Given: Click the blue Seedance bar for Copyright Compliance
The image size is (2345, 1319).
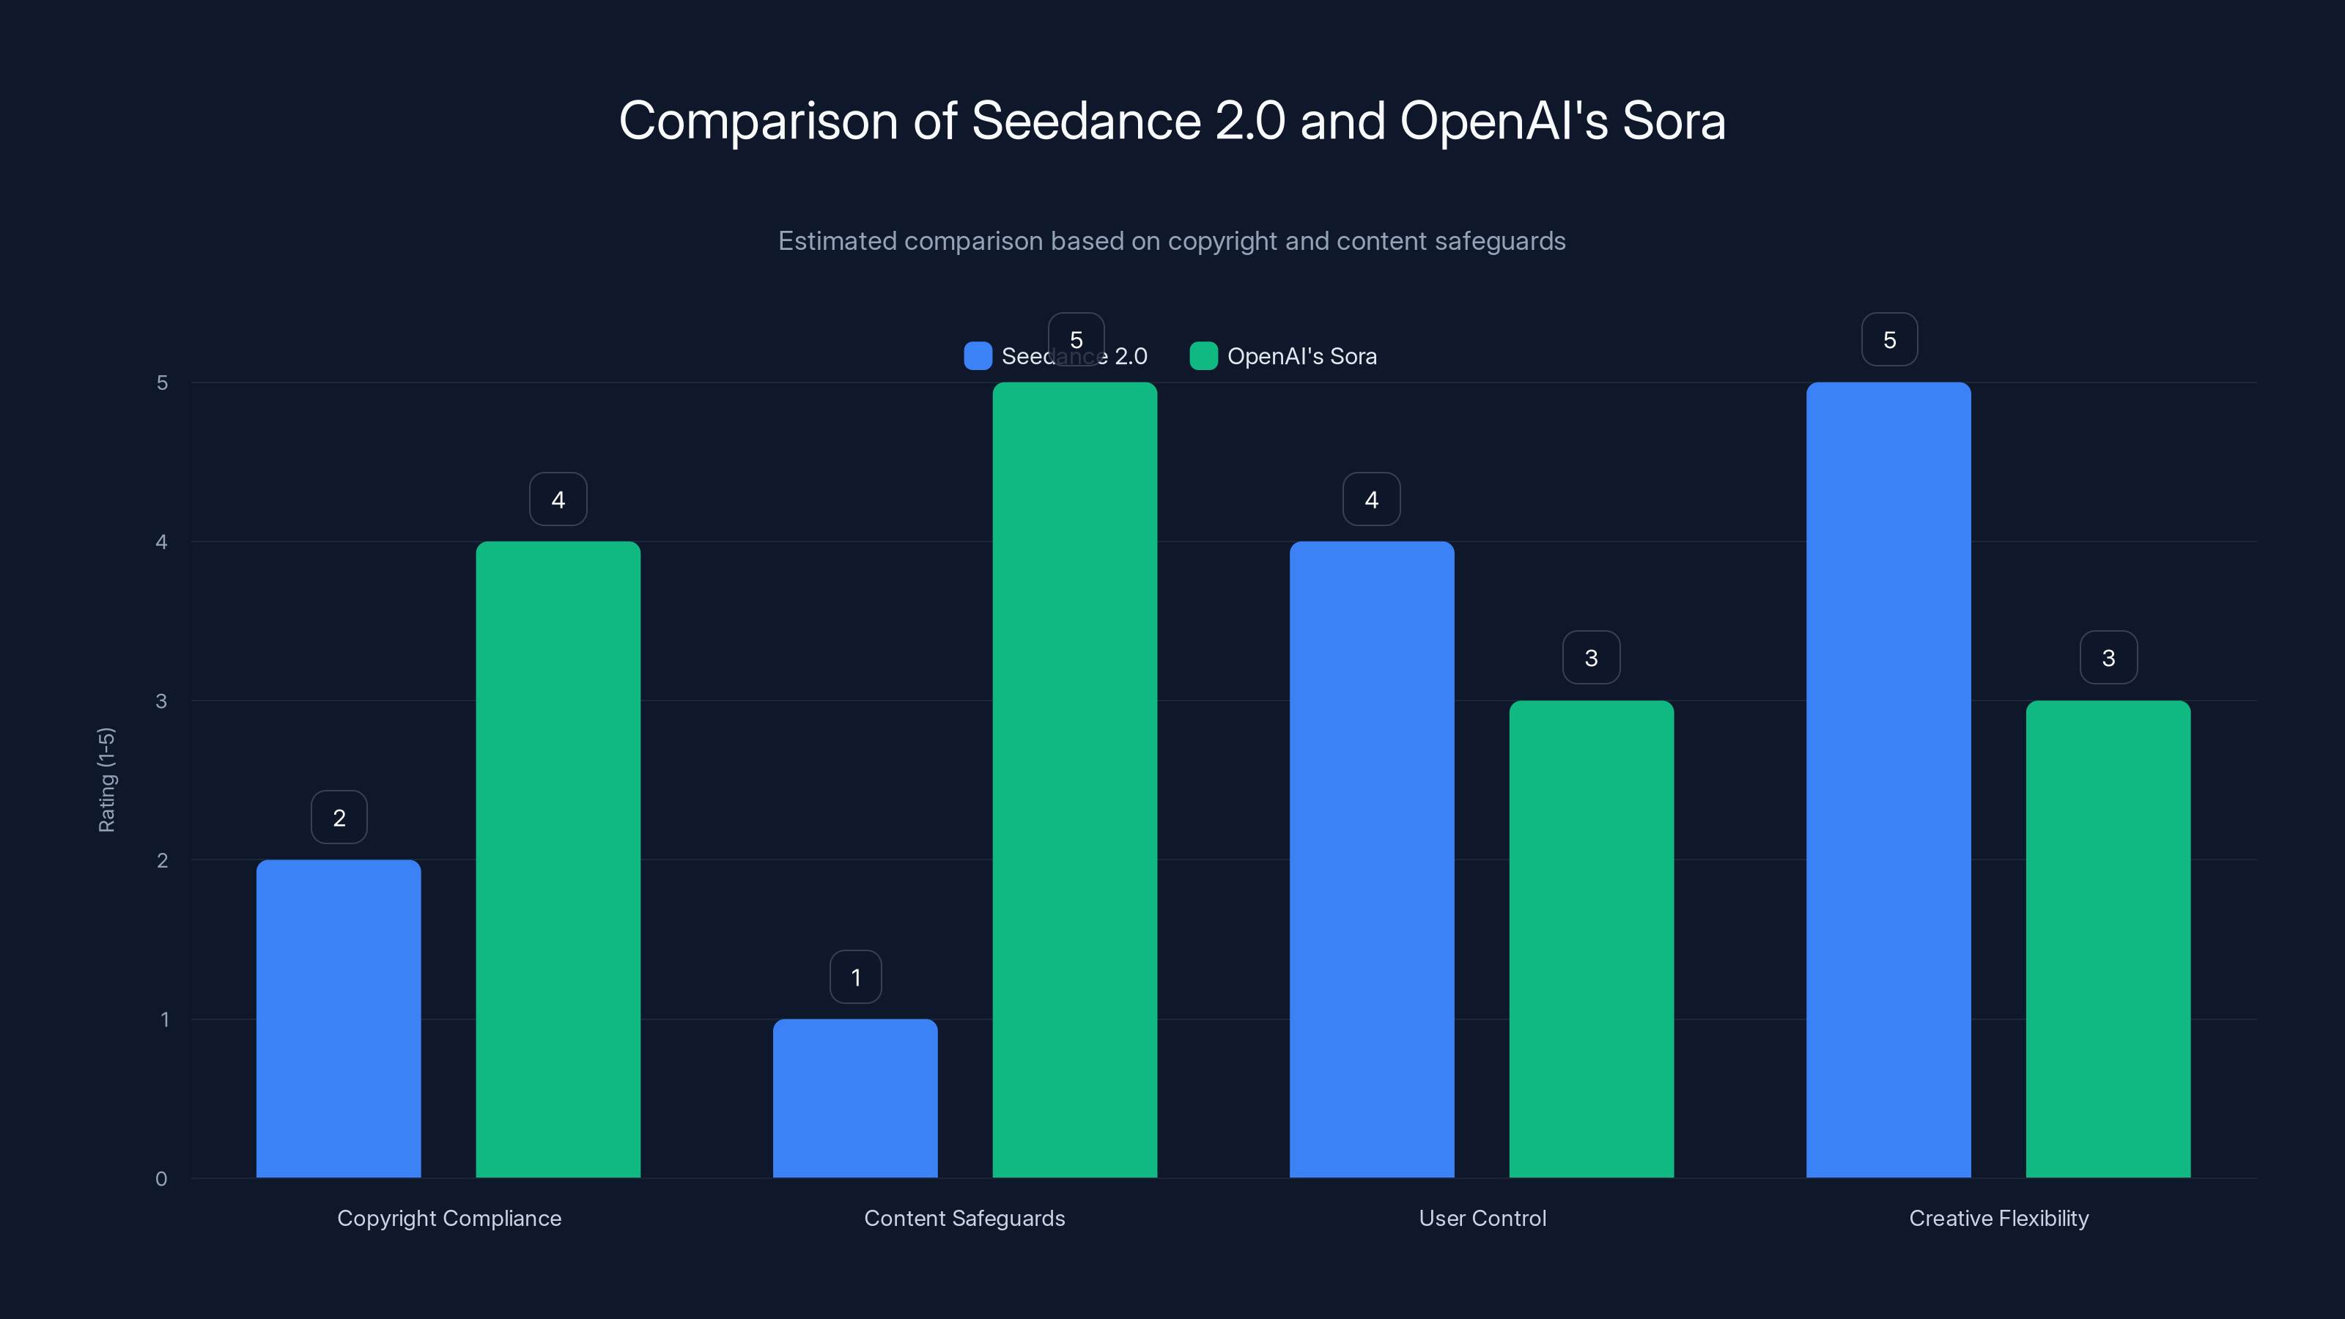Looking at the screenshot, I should click(x=339, y=1019).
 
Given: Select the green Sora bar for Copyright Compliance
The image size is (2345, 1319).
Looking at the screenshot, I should click(x=558, y=860).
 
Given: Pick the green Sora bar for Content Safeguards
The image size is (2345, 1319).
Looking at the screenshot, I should click(x=1074, y=780).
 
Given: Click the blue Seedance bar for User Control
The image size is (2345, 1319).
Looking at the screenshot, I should click(x=1372, y=860).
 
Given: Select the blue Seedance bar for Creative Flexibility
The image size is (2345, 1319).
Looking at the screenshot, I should click(x=1888, y=780).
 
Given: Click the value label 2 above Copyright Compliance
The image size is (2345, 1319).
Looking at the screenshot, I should click(x=339, y=818).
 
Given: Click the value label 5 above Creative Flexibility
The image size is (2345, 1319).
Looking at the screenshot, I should click(x=1889, y=339).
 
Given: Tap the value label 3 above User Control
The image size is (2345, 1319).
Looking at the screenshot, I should click(x=1591, y=657).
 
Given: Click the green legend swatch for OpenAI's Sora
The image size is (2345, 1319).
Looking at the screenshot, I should click(x=1203, y=356).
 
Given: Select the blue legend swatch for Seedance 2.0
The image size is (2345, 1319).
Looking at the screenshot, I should click(x=978, y=356).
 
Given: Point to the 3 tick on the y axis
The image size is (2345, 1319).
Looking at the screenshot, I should click(x=162, y=701).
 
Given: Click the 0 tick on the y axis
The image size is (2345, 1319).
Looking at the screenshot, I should click(x=162, y=1179).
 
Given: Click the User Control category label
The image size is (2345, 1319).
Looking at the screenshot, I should click(x=1482, y=1218).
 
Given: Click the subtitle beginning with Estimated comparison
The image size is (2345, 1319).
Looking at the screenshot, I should click(x=1172, y=241).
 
